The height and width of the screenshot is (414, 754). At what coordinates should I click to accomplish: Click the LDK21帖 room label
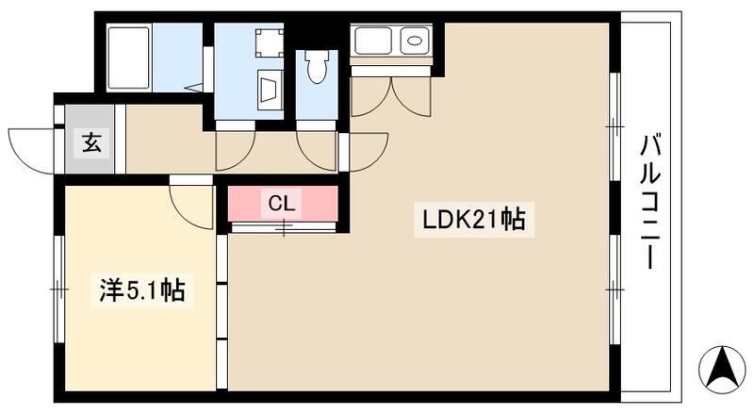coord(474,220)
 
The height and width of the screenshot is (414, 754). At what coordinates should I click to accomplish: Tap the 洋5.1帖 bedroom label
coord(142,290)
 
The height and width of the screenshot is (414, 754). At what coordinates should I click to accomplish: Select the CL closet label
coord(281,204)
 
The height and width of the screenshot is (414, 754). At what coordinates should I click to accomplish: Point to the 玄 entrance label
coord(91,143)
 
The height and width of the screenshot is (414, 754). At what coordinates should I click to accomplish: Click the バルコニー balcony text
coord(649,202)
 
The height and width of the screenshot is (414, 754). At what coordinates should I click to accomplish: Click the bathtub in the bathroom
coord(128,58)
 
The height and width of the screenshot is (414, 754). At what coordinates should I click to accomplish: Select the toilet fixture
coord(317,66)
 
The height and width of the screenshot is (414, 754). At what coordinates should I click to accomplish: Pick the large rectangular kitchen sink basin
coord(373,41)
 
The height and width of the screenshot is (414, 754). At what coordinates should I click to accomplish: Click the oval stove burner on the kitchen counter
coord(415,40)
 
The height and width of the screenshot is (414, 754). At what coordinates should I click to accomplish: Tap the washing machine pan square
coord(269,43)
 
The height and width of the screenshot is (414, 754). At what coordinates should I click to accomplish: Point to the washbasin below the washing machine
coord(269,90)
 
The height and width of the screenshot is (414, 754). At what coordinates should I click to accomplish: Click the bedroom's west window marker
coord(59,290)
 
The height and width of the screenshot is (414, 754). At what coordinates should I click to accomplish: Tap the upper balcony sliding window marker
coord(615,126)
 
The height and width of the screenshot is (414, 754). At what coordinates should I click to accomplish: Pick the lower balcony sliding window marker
coord(615,290)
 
